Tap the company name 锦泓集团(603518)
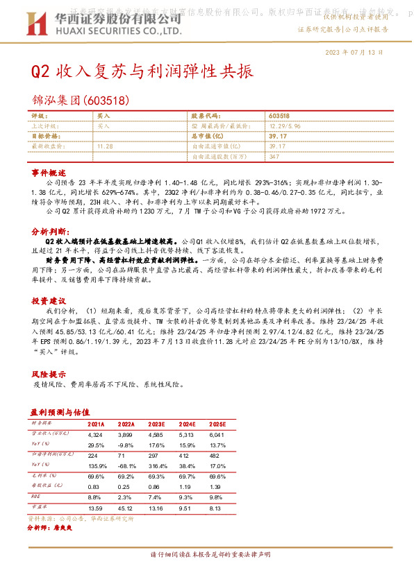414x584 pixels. click(80, 100)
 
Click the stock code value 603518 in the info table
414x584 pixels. click(279, 117)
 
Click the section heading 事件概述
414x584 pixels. click(48, 171)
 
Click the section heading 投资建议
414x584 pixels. click(48, 301)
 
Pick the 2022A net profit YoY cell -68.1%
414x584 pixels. click(126, 466)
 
